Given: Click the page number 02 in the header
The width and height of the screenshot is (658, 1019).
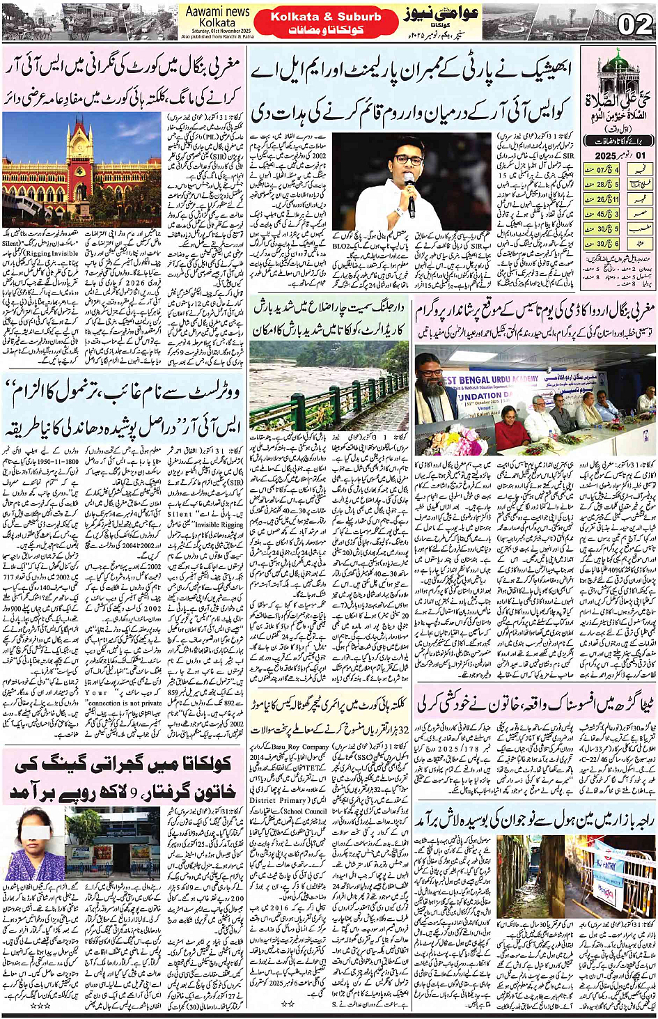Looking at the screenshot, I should pos(634,24).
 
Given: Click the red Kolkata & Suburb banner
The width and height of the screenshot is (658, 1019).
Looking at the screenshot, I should pos(325,23).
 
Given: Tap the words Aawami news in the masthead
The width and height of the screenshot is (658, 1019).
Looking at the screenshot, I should pos(218,12).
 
